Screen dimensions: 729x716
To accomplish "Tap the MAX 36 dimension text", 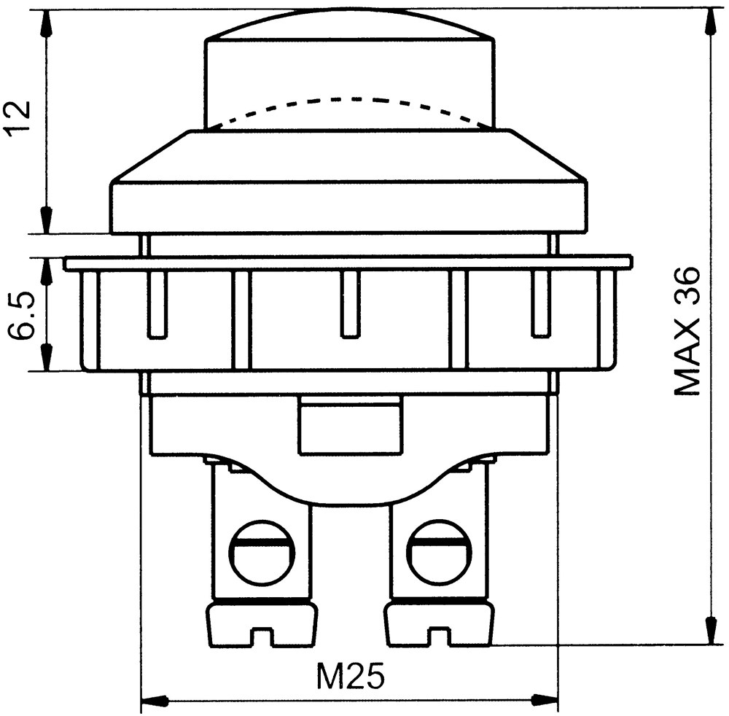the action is coord(686,331).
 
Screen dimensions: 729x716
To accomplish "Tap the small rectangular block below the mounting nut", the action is coord(351,424).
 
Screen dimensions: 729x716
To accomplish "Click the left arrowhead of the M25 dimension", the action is coord(154,700).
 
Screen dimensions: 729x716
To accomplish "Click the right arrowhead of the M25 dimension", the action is coord(545,700).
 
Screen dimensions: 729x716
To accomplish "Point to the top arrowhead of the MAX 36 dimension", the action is coord(711,23).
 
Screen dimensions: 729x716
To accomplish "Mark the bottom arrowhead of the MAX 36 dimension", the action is coord(711,631).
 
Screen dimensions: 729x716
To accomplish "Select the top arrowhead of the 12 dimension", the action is coord(45,23).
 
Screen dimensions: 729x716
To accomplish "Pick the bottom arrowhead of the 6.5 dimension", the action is coord(45,357).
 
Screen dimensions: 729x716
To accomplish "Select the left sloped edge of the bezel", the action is coord(151,156).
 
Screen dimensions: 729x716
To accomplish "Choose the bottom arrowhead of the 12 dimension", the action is coord(45,219).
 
